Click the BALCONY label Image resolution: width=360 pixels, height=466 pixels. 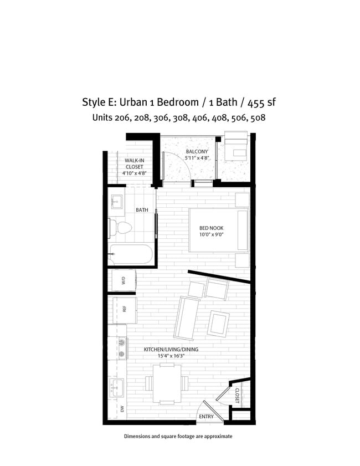click(197, 151)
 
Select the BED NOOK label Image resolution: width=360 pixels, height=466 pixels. click(212, 228)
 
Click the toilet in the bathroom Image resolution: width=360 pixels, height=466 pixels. click(122, 227)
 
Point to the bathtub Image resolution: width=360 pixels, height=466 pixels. click(132, 255)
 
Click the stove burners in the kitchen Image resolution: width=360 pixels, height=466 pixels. click(121, 347)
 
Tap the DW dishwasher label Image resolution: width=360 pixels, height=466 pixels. click(122, 409)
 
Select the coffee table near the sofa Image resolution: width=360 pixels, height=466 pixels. click(219, 323)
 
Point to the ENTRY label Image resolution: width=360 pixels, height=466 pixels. click(206, 416)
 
